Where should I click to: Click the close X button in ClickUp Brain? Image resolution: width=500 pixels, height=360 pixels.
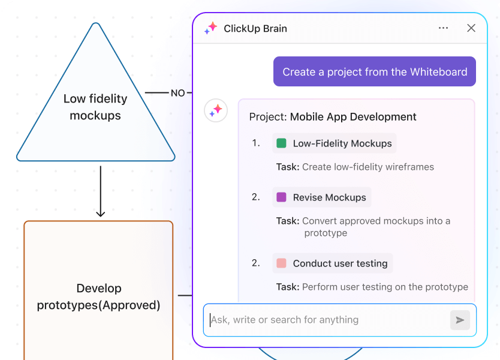click(471, 28)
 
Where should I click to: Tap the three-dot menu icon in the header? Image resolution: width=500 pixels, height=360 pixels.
click(443, 28)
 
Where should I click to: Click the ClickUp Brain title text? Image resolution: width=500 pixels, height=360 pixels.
click(255, 28)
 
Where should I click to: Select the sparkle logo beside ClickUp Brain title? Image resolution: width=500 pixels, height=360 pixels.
click(210, 28)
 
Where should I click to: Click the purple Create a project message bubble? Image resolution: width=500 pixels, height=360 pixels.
click(375, 72)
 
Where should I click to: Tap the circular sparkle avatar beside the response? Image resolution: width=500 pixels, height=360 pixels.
click(216, 110)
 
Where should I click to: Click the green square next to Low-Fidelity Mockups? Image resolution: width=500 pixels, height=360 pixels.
click(281, 143)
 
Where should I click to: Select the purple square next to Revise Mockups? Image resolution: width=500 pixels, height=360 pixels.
click(281, 197)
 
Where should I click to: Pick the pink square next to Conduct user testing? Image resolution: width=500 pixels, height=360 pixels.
click(281, 263)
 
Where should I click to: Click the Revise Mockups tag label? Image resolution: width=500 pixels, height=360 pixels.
click(329, 197)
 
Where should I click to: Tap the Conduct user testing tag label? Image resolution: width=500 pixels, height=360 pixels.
click(340, 263)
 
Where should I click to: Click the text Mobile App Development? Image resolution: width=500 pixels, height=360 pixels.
click(353, 117)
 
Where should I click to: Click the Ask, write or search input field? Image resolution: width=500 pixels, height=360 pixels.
click(327, 320)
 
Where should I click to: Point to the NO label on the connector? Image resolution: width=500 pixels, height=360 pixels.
click(177, 93)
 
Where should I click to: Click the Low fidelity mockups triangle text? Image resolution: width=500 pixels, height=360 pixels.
click(95, 107)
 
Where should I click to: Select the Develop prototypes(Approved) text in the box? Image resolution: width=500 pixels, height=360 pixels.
click(99, 297)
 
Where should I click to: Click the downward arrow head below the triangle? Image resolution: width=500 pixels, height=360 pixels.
click(100, 213)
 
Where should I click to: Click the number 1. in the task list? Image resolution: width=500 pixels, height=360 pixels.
click(256, 143)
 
